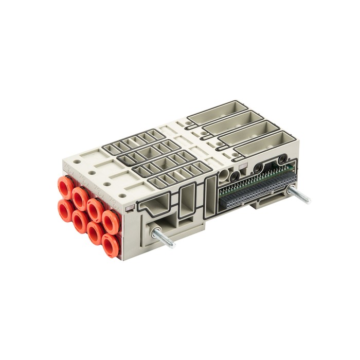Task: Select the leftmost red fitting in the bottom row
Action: tap(65, 210)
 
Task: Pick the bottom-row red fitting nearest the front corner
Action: tap(110, 245)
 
